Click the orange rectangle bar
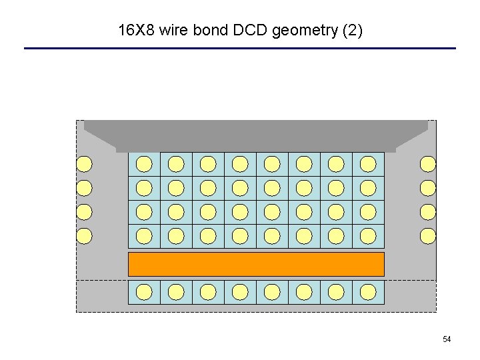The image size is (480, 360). (x=256, y=264)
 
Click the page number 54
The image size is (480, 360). (x=447, y=340)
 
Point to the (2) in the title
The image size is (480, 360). (x=351, y=31)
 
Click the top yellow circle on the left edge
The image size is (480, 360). (x=84, y=164)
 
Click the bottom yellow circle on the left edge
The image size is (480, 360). (x=84, y=236)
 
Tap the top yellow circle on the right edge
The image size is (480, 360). (x=427, y=164)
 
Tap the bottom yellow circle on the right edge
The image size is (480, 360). (x=427, y=236)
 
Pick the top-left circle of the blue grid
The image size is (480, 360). (x=144, y=164)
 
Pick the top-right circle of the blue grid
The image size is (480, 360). (x=368, y=164)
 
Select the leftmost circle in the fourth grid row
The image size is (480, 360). (x=144, y=236)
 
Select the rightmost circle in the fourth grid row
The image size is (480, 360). (x=368, y=236)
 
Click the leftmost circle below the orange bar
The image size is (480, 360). (x=144, y=292)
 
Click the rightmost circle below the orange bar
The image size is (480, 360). (x=368, y=292)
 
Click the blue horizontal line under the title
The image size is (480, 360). (x=240, y=48)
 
